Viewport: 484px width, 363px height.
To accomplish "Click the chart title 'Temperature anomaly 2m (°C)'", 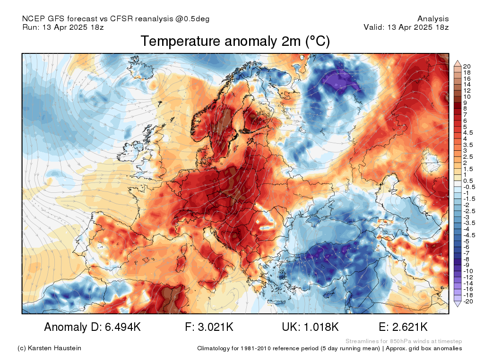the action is pos(235,42).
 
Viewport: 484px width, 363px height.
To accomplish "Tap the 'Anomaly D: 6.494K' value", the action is pos(92,327).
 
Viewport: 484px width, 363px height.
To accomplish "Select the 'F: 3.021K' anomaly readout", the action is pos(209,327).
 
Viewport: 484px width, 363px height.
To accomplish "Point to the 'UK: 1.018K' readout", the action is pos(310,327).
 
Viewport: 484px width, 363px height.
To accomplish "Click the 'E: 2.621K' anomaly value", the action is pos(403,327).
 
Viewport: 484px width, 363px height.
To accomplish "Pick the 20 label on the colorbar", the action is pos(467,66).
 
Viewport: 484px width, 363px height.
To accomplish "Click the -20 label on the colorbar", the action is pos(468,302).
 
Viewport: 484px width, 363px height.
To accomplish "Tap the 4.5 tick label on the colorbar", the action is pos(468,133).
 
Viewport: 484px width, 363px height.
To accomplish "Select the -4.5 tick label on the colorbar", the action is pos(469,235).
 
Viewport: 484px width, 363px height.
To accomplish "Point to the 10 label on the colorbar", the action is pos(467,96).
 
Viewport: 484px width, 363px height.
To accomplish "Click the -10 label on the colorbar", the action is pos(468,271).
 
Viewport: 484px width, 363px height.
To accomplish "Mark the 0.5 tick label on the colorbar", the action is pos(468,181).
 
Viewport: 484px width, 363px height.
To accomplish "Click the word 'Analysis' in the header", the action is pos(433,19).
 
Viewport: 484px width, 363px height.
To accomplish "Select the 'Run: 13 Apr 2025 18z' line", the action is pos(63,27).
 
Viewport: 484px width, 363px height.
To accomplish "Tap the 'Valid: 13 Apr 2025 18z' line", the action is pos(406,27).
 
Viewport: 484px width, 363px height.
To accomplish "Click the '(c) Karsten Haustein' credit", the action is pos(49,348).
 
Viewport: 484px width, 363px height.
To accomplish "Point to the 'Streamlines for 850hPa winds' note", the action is pos(387,341).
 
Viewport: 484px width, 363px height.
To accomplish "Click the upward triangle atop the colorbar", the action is pos(458,64).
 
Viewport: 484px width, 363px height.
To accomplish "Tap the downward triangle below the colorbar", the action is pos(458,304).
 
